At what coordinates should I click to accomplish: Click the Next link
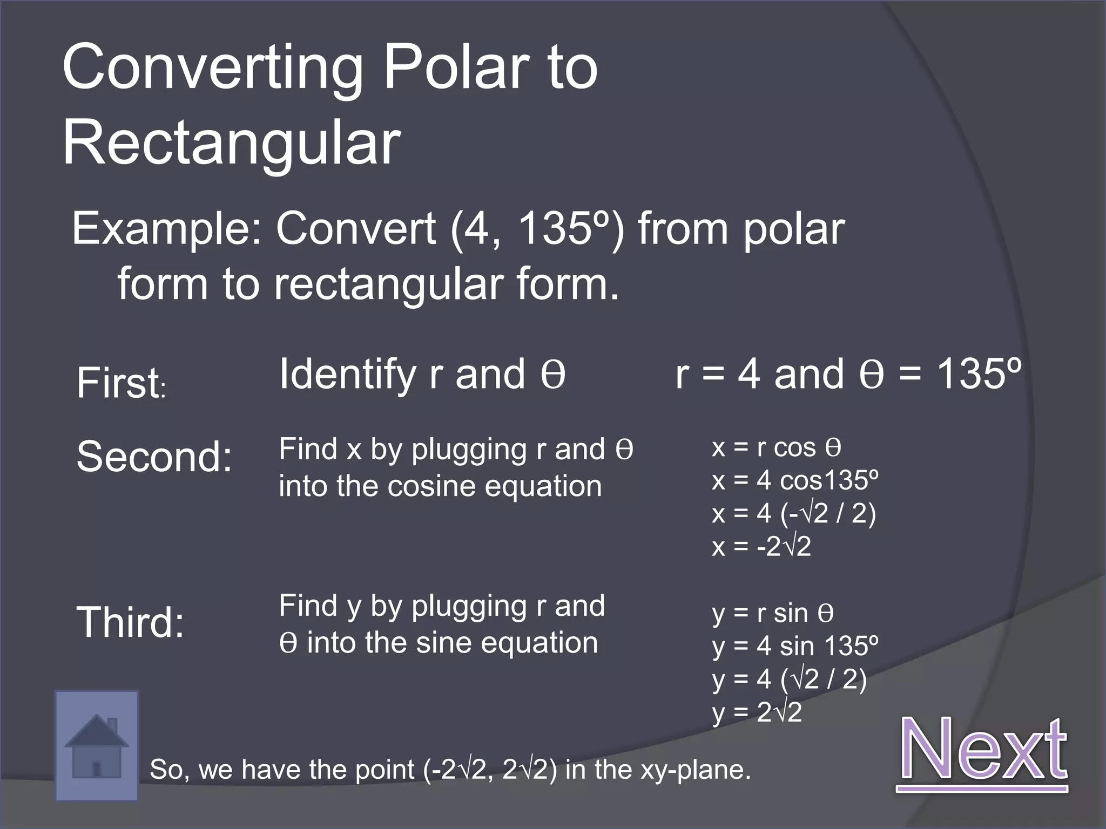pyautogui.click(x=982, y=750)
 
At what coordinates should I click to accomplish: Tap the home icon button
pyautogui.click(x=97, y=745)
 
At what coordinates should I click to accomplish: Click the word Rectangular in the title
pyautogui.click(x=232, y=144)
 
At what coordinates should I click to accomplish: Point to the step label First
pyautogui.click(x=120, y=383)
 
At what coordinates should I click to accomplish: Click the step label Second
pyautogui.click(x=154, y=457)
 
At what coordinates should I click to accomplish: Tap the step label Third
pyautogui.click(x=131, y=622)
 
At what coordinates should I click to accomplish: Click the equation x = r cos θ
pyautogui.click(x=776, y=447)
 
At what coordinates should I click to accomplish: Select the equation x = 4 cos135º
pyautogui.click(x=795, y=480)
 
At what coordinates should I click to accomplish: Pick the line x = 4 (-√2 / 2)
pyautogui.click(x=794, y=513)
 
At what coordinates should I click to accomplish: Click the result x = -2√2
pyautogui.click(x=761, y=546)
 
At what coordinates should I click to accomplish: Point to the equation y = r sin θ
pyautogui.click(x=773, y=613)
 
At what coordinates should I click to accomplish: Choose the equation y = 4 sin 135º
pyautogui.click(x=795, y=646)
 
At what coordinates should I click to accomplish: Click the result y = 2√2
pyautogui.click(x=757, y=712)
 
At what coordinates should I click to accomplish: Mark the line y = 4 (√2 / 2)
pyautogui.click(x=790, y=679)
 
